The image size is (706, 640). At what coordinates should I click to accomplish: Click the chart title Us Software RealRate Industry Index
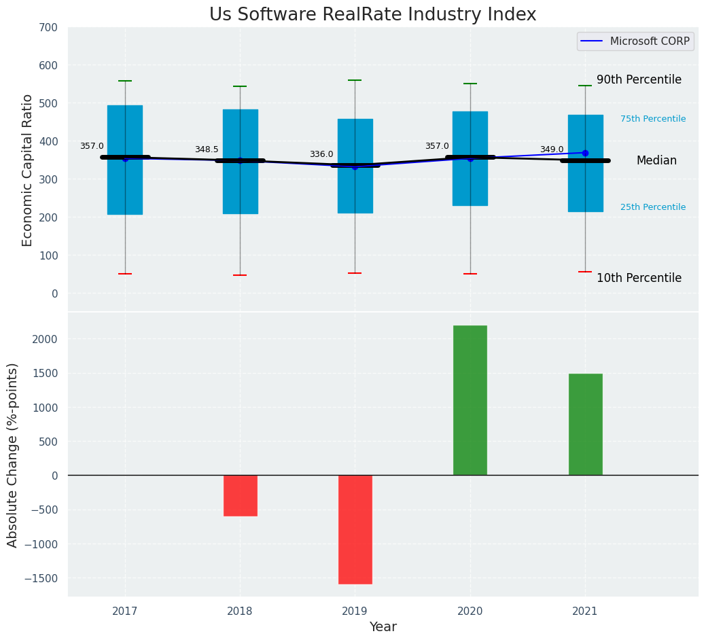tap(372, 15)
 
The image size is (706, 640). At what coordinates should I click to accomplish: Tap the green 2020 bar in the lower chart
tap(470, 400)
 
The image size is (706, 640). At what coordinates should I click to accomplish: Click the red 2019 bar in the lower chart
tap(355, 529)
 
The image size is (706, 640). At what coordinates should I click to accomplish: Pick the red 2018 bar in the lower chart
tap(240, 495)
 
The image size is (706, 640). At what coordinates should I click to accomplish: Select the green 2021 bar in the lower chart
tap(585, 424)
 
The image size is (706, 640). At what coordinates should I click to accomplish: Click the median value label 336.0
tap(321, 155)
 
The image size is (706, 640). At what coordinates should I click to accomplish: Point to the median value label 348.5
tap(207, 150)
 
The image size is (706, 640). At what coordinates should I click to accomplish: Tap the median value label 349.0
tap(552, 150)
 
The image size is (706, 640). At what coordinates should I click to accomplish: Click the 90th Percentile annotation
tap(639, 80)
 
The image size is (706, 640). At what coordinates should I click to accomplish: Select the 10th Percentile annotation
tap(639, 279)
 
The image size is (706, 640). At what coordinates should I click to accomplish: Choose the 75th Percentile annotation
tap(653, 119)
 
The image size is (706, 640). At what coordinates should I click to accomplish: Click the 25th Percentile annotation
tap(653, 207)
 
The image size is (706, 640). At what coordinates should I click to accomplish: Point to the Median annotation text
tap(656, 161)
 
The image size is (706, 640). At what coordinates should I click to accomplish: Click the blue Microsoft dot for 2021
tap(585, 153)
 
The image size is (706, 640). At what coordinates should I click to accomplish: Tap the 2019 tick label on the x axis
tap(355, 611)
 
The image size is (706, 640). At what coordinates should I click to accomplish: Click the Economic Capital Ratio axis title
tap(28, 170)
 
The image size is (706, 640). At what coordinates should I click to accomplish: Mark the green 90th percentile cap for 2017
tap(125, 81)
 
